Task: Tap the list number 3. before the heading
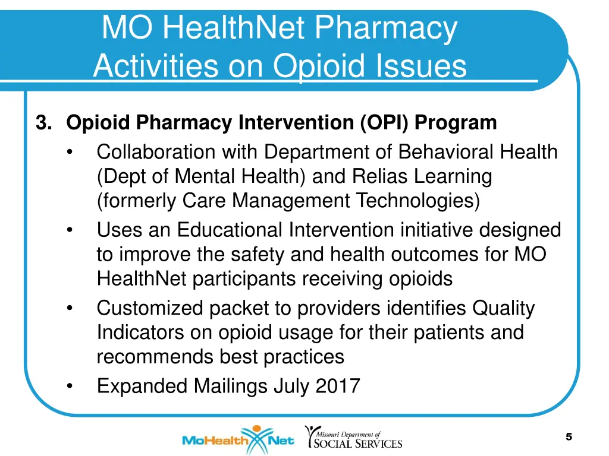pyautogui.click(x=44, y=123)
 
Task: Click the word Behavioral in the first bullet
pyautogui.click(x=447, y=152)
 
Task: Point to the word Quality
pyautogui.click(x=503, y=308)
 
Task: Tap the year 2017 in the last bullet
pyautogui.click(x=337, y=387)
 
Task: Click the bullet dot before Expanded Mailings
pyautogui.click(x=70, y=387)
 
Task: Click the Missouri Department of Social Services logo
pyautogui.click(x=353, y=437)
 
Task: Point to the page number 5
pyautogui.click(x=569, y=437)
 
